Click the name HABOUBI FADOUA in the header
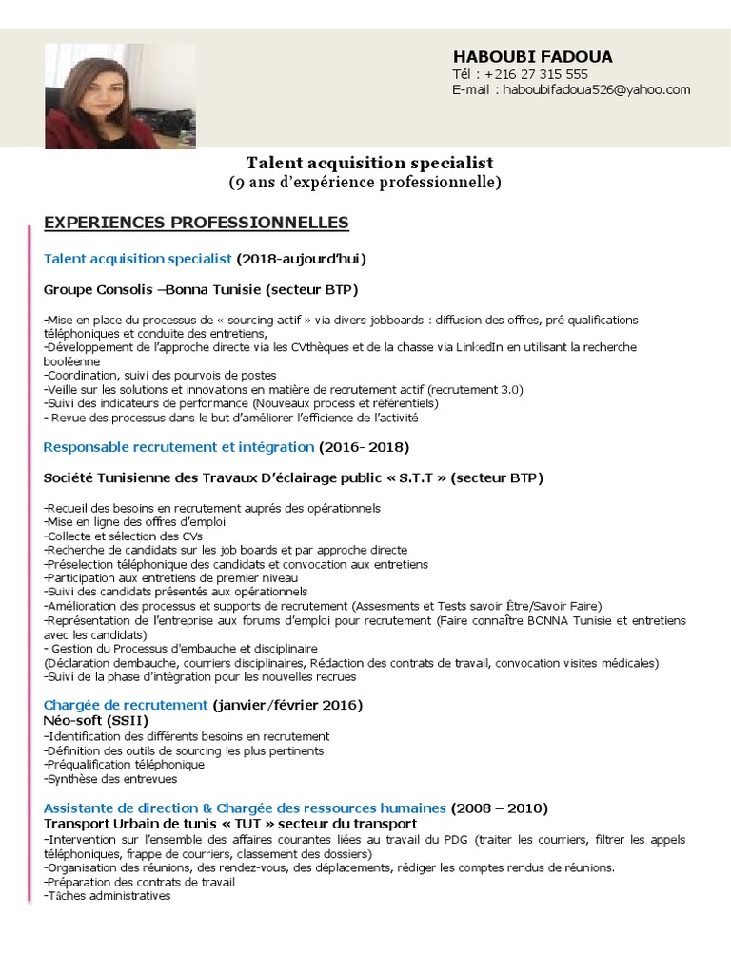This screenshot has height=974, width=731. [532, 56]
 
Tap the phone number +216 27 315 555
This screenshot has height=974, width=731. [536, 74]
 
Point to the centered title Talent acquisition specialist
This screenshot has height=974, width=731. [370, 163]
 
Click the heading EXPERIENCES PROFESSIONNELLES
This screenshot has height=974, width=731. [196, 223]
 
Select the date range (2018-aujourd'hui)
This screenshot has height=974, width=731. [301, 258]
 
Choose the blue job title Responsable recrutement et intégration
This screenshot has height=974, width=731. [179, 446]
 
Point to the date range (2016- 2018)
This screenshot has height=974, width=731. [364, 446]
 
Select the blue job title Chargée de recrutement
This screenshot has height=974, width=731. [126, 705]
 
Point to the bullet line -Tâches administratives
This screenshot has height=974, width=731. [108, 896]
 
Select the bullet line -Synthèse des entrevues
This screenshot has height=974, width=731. [110, 779]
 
